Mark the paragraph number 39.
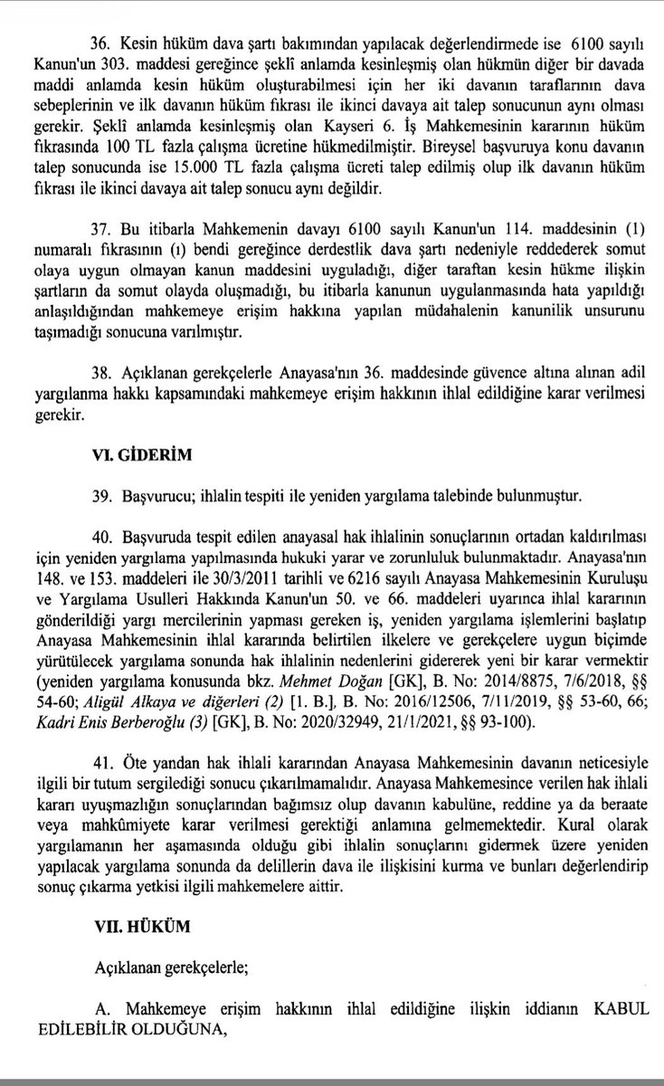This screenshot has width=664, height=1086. coord(100,497)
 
